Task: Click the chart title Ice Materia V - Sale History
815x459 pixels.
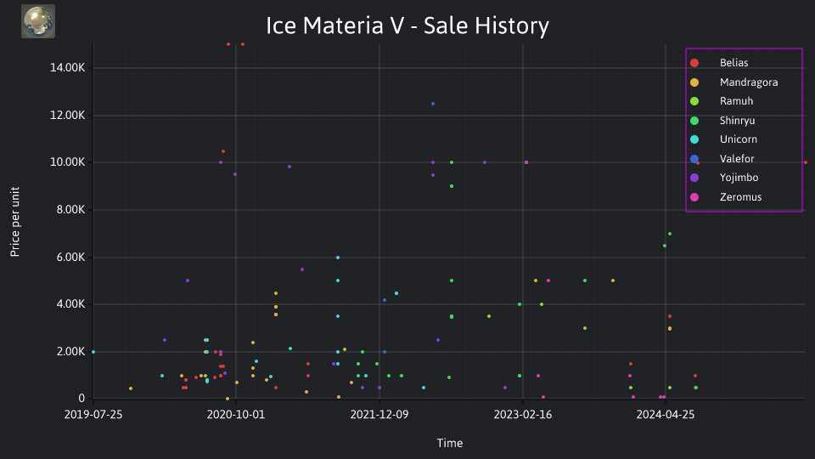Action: coord(407,25)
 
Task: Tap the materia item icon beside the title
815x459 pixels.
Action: coord(38,21)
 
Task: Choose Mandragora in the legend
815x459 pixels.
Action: coord(733,82)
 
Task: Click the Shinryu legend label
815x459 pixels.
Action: coord(737,121)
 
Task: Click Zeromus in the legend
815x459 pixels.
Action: coord(726,197)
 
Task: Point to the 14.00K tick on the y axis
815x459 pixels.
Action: coord(68,68)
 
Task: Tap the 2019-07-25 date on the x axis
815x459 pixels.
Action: coord(93,415)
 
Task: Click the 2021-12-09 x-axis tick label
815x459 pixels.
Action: coord(379,415)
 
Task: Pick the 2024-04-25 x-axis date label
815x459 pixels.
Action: coord(666,415)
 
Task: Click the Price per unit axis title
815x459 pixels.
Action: coord(15,222)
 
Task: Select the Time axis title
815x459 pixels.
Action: coord(450,443)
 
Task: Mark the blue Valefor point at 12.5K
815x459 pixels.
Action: coord(433,104)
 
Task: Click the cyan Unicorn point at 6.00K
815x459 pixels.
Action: coord(338,258)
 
